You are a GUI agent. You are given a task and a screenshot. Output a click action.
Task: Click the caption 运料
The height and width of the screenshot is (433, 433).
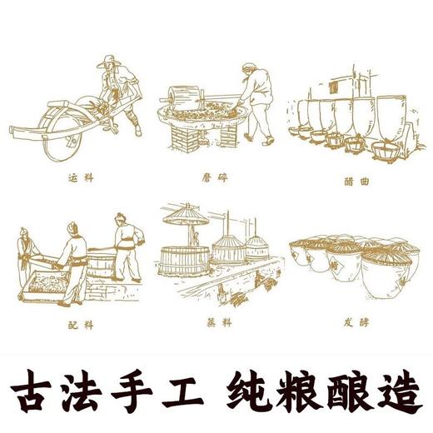tap(77, 177)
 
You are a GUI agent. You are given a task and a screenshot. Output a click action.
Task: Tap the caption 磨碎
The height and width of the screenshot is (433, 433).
tap(216, 177)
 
